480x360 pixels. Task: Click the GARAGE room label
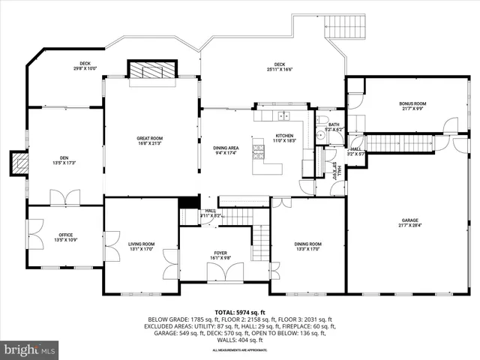(409, 220)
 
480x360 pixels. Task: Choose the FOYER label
(220, 253)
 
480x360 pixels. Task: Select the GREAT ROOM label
(150, 138)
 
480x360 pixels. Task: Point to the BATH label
(334, 124)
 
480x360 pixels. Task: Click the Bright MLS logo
(30, 349)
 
